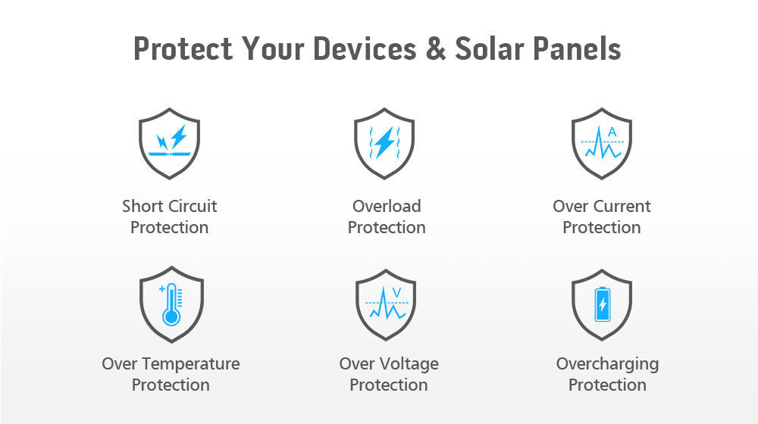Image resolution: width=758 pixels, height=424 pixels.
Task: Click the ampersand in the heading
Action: tap(436, 48)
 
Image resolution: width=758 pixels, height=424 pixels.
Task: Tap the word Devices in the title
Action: tap(365, 48)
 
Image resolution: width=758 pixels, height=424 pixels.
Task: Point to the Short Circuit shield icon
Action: tap(169, 143)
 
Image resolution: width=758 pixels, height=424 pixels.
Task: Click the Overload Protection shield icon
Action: tap(384, 143)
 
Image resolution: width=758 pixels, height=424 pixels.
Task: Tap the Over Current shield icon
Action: tap(602, 143)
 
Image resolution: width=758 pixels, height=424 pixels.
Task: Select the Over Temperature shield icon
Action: tap(171, 304)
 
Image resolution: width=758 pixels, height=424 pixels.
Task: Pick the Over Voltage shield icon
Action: tap(386, 304)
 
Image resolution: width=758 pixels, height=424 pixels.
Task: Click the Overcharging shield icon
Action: tap(602, 304)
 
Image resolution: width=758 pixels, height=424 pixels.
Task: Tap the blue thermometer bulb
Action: tap(171, 317)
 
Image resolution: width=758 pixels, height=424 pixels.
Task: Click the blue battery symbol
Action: tap(603, 304)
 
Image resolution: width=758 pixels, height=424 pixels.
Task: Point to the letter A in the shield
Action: tap(612, 132)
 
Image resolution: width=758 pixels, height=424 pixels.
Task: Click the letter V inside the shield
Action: tap(397, 293)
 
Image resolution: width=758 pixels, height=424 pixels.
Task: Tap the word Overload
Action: tap(387, 206)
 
